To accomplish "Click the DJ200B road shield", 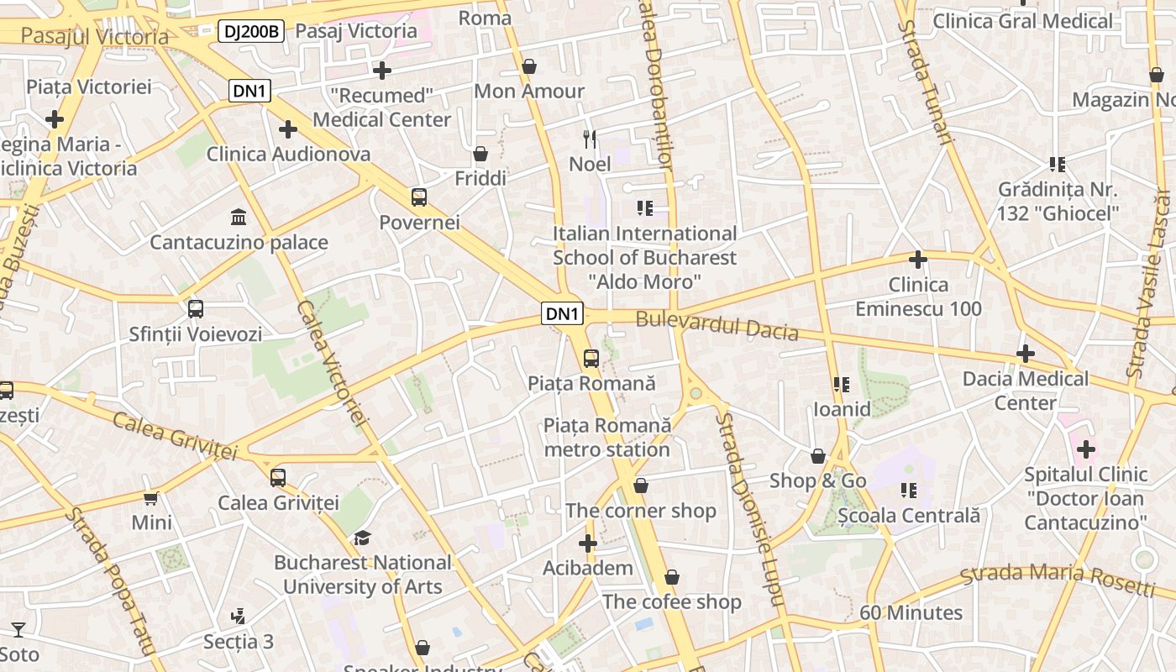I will point(251,32).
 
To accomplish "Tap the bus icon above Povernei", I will point(419,197).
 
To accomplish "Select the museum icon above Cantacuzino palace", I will point(239,218).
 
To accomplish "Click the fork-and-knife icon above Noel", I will point(590,139).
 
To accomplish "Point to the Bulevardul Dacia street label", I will point(717,325).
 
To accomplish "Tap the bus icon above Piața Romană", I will point(591,359).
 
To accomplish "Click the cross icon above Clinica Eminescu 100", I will point(918,260).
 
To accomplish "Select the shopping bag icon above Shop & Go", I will point(818,456).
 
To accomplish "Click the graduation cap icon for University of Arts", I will point(362,538).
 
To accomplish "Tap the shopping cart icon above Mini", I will point(151,498).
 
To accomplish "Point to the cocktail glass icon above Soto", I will point(18,629).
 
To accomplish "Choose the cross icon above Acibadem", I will point(588,543).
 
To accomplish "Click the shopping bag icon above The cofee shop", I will point(671,577).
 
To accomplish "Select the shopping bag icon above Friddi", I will point(480,154).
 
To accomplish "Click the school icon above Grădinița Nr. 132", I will point(1058,165).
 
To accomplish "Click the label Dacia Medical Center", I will point(1025,391).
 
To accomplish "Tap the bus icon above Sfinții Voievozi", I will point(196,309).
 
